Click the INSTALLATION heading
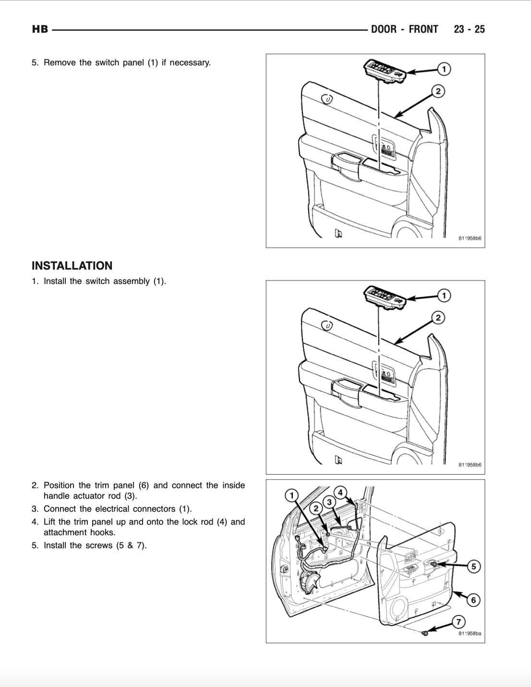click(x=72, y=266)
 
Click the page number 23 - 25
click(x=469, y=29)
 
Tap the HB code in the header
click(x=40, y=29)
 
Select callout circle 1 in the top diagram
click(x=444, y=69)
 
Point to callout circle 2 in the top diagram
click(x=438, y=91)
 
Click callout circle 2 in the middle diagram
click(x=438, y=318)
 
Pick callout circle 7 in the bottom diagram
click(x=459, y=622)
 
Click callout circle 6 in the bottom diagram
click(x=473, y=600)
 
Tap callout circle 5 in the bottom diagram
click(x=473, y=566)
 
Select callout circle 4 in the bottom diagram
click(x=340, y=492)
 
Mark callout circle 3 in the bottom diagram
click(x=329, y=502)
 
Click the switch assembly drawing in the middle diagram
click(x=386, y=295)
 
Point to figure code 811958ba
click(x=470, y=634)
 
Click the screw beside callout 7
click(x=425, y=633)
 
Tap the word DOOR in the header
click(x=384, y=29)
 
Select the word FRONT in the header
click(x=423, y=29)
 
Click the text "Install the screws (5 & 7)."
click(x=95, y=545)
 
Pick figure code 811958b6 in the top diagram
click(x=470, y=238)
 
